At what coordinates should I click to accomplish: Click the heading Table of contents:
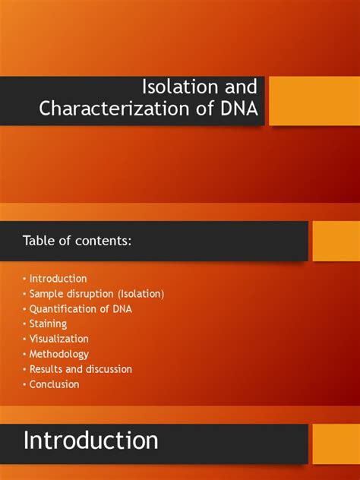point(77,241)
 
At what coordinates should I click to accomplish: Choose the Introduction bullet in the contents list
point(58,279)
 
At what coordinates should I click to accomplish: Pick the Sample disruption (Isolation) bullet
point(96,294)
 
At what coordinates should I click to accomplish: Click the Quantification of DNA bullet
point(80,309)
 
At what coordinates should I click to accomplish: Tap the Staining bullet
point(48,324)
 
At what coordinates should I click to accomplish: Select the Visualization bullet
point(58,339)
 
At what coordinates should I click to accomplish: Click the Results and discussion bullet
point(81,369)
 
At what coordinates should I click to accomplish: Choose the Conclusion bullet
point(54,384)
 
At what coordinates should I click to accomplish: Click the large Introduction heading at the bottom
point(91,441)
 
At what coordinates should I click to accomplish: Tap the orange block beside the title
point(314,100)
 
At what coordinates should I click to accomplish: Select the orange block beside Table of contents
point(336,241)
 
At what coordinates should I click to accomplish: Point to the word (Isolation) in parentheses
point(139,294)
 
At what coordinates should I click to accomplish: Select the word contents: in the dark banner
point(107,241)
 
